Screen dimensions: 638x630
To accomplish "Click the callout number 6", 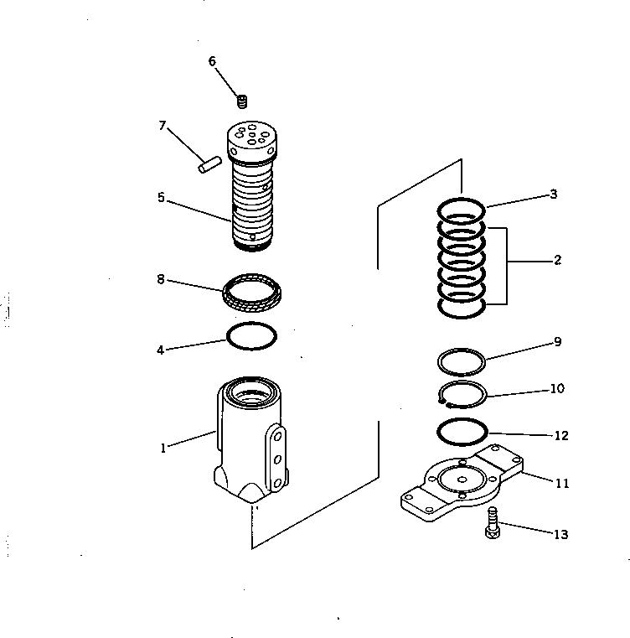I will tap(212, 61).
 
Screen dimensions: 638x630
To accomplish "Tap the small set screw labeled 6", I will tap(242, 102).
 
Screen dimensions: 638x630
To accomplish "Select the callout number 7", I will tap(163, 127).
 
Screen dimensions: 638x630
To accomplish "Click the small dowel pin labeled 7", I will tap(209, 163).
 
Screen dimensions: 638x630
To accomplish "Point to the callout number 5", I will tap(161, 199).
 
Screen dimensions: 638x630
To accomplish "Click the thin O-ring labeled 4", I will tap(251, 336).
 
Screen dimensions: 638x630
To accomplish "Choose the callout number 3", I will tap(554, 195).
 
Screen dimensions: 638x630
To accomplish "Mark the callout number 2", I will tap(557, 260).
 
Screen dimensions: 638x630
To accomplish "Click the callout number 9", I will tap(557, 342).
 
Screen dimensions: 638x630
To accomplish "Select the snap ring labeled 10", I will tap(462, 394).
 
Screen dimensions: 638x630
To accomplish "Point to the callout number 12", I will tap(560, 436).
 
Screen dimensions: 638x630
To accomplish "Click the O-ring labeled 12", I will tap(462, 433).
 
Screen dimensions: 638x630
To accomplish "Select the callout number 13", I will tap(560, 534).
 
